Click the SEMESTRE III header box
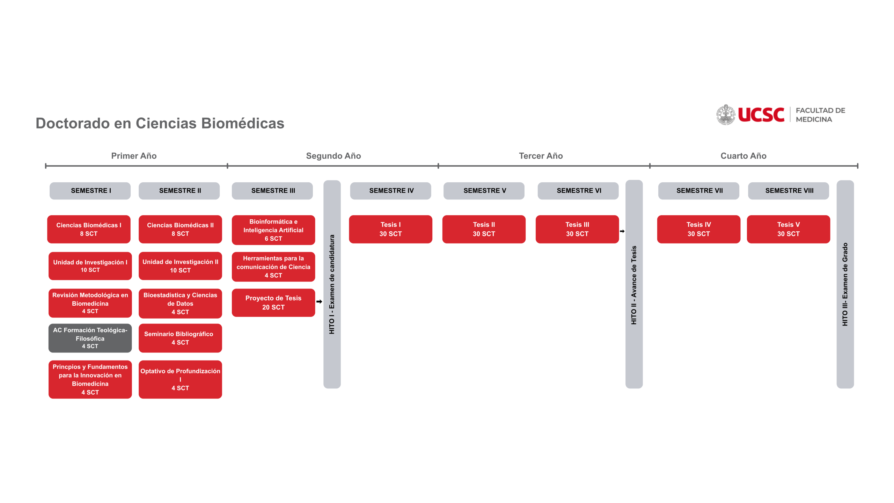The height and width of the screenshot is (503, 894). (x=272, y=191)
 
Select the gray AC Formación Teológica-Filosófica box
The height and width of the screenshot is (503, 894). (x=90, y=338)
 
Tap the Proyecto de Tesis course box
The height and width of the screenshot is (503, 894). (x=273, y=302)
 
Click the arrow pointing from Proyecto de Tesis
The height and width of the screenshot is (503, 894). (x=319, y=301)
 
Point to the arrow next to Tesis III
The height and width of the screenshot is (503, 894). (x=622, y=231)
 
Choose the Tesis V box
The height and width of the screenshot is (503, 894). (x=788, y=229)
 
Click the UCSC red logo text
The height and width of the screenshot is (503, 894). (x=761, y=115)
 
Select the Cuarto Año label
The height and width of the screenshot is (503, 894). (x=743, y=156)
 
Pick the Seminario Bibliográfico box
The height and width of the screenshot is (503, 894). (x=180, y=338)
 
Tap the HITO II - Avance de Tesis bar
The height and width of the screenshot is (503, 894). (x=634, y=284)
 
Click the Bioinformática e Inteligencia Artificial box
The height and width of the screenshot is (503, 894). (x=273, y=230)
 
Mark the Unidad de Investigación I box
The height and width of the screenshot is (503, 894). (x=90, y=266)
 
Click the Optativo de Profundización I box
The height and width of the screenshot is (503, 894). (x=180, y=379)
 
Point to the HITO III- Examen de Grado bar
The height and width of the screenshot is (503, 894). (x=845, y=284)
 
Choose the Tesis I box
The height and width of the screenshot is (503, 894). (x=390, y=229)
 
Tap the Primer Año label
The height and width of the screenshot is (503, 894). (x=134, y=156)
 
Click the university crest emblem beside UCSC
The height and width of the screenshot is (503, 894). (x=726, y=115)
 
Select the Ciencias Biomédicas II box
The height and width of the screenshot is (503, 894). (x=180, y=229)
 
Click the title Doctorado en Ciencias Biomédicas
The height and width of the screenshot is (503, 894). (x=160, y=123)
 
